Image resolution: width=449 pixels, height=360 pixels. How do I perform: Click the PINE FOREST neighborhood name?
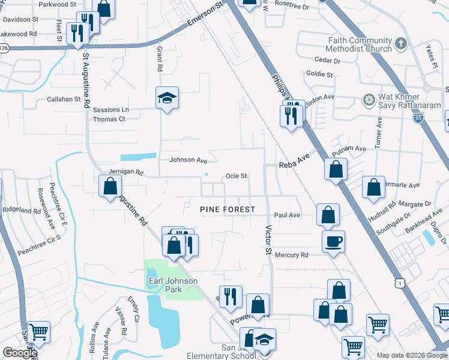point(228,209)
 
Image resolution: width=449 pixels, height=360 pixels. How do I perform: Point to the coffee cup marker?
point(333,242)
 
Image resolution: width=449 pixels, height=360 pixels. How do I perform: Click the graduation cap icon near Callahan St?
point(167,97)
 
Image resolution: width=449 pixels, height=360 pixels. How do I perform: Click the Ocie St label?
point(236,176)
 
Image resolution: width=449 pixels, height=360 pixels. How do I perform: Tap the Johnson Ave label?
point(188,160)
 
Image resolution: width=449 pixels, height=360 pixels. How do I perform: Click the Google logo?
point(20,353)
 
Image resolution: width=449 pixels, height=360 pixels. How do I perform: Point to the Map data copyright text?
point(411,355)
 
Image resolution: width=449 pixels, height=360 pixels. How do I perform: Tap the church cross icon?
point(401,44)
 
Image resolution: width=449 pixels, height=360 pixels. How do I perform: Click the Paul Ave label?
point(287,215)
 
